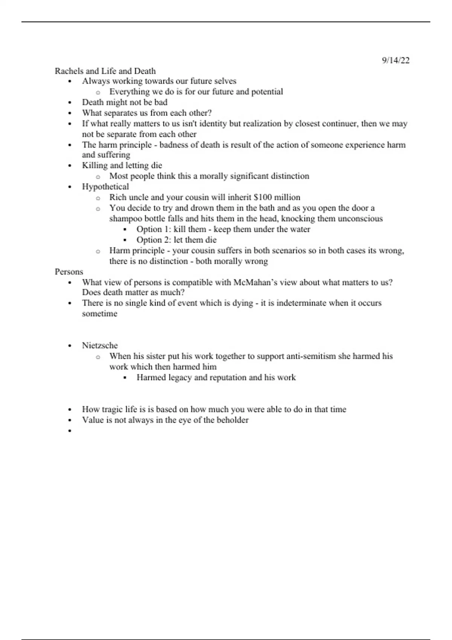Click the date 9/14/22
click(395, 60)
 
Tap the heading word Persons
click(69, 271)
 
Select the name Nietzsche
click(100, 345)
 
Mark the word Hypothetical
click(105, 187)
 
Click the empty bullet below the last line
click(70, 431)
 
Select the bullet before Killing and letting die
click(70, 166)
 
